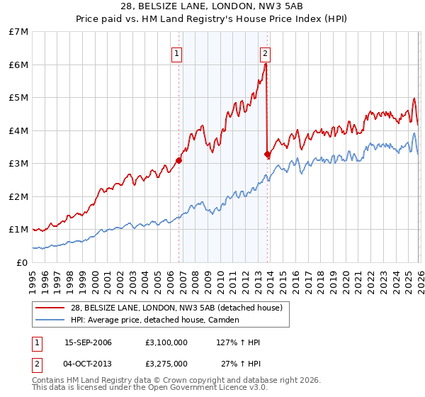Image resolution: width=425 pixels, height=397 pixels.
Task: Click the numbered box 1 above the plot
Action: point(176,53)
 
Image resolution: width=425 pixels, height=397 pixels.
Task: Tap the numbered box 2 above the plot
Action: point(265,53)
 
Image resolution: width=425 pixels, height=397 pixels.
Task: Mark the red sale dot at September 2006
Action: point(178,160)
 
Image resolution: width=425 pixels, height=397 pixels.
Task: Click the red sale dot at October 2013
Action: point(267,155)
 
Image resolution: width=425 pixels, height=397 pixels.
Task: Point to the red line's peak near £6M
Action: point(266,65)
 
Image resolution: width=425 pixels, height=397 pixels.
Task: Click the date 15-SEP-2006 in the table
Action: point(89,342)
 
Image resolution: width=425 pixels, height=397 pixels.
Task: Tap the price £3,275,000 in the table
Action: point(166,364)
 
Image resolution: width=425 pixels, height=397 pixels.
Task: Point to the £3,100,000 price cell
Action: point(166,342)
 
